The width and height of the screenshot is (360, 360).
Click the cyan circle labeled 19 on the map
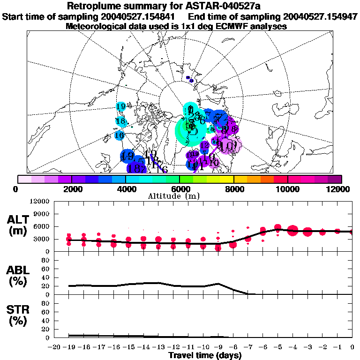pyautogui.click(x=120, y=106)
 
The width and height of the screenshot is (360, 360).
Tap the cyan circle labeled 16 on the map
pyautogui.click(x=119, y=135)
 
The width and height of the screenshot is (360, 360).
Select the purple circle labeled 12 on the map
pyautogui.click(x=204, y=146)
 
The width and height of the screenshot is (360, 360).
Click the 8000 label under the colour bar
pyautogui.click(x=233, y=189)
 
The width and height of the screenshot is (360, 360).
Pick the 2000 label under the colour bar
pyautogui.click(x=71, y=189)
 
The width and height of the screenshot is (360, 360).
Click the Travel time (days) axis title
pyautogui.click(x=205, y=356)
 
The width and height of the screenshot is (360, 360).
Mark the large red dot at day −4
pyautogui.click(x=293, y=230)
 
